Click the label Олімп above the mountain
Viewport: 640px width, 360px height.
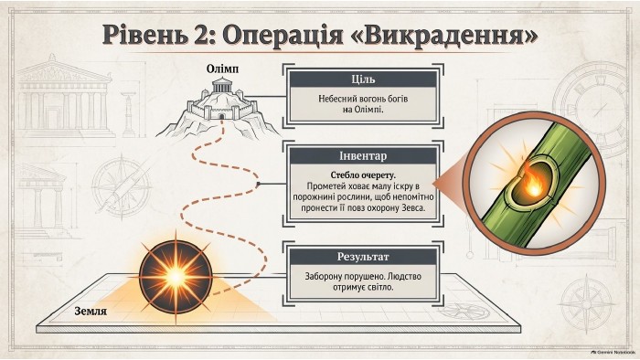tap(222, 69)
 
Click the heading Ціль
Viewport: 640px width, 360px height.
tap(363, 79)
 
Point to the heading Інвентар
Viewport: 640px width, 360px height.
tap(363, 155)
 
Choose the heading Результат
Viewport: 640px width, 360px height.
tap(363, 257)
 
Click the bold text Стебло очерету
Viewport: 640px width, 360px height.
tap(363, 175)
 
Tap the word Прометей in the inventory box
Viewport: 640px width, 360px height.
tap(323, 186)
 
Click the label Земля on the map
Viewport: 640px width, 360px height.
tap(91, 311)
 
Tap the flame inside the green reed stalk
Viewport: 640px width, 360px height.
tap(531, 185)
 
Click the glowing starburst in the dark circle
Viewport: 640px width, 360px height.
tap(176, 277)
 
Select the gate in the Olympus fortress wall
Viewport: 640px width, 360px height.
tap(221, 116)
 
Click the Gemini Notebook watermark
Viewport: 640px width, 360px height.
tap(613, 352)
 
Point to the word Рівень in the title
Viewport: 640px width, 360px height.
tap(141, 34)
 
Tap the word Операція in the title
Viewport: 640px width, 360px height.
tap(282, 35)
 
